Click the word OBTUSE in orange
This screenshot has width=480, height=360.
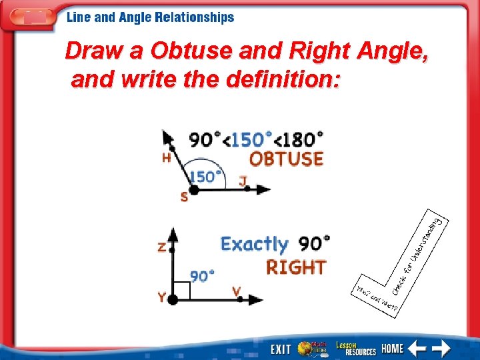(x=286, y=159)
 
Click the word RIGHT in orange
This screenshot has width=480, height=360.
(x=296, y=267)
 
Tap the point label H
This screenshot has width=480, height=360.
(x=166, y=159)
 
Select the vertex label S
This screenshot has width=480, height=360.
(x=184, y=197)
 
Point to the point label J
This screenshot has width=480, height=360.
(x=243, y=180)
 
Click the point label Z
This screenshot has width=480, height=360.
(x=161, y=247)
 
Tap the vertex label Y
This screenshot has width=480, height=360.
(x=162, y=298)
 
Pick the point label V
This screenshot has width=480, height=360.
(x=236, y=291)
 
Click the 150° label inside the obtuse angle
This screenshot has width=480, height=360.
(x=205, y=177)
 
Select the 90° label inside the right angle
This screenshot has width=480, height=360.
(x=203, y=275)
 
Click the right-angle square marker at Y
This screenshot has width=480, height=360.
(x=181, y=291)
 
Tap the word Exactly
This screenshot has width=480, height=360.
(x=254, y=244)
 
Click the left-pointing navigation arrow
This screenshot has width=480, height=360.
(x=417, y=348)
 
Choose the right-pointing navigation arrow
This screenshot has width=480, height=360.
(x=441, y=348)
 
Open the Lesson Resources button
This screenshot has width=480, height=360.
(x=355, y=348)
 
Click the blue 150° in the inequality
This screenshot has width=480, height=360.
(x=252, y=139)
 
